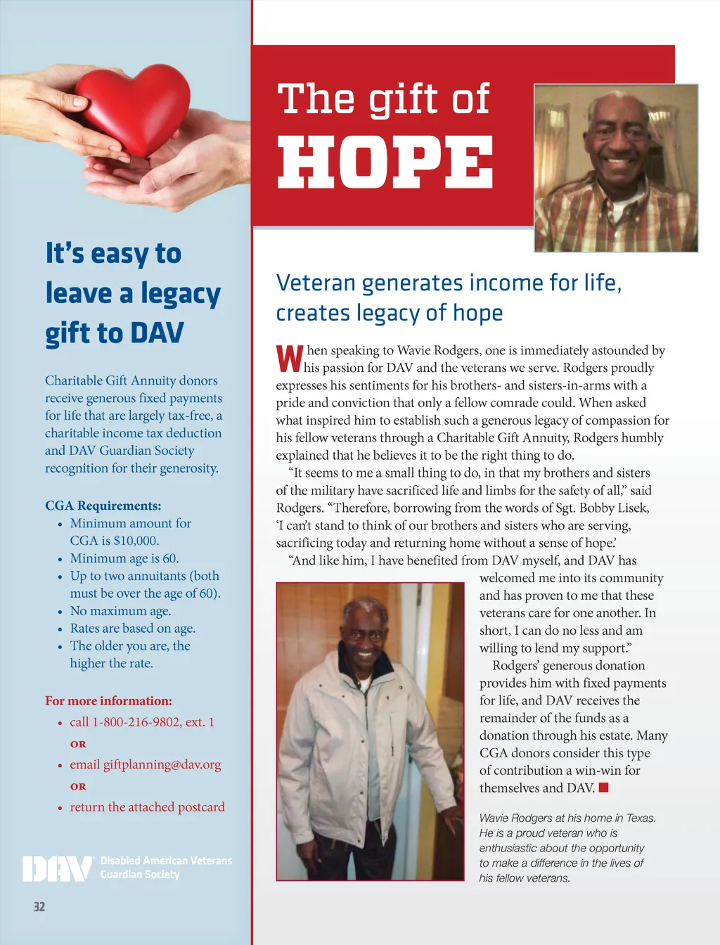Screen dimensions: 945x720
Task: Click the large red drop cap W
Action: (x=289, y=359)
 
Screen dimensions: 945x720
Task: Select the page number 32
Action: (x=39, y=907)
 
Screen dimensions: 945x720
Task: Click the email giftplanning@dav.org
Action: (x=162, y=764)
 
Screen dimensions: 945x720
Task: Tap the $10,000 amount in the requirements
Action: (x=136, y=541)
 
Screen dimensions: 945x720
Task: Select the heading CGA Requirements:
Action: (x=103, y=506)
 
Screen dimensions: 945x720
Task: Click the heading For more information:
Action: (x=108, y=701)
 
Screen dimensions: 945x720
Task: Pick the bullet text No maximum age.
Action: (x=120, y=611)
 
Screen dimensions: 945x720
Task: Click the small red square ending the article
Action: (x=603, y=787)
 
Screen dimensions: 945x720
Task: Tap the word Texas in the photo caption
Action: (x=641, y=818)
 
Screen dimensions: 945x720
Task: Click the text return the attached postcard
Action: (x=147, y=807)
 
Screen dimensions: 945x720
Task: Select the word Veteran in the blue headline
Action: (x=316, y=283)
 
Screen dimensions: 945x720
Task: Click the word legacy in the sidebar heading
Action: (x=181, y=294)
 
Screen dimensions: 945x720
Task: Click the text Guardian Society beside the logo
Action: (x=140, y=875)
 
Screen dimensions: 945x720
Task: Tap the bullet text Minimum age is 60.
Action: (x=124, y=558)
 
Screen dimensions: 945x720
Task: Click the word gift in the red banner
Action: (x=399, y=99)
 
